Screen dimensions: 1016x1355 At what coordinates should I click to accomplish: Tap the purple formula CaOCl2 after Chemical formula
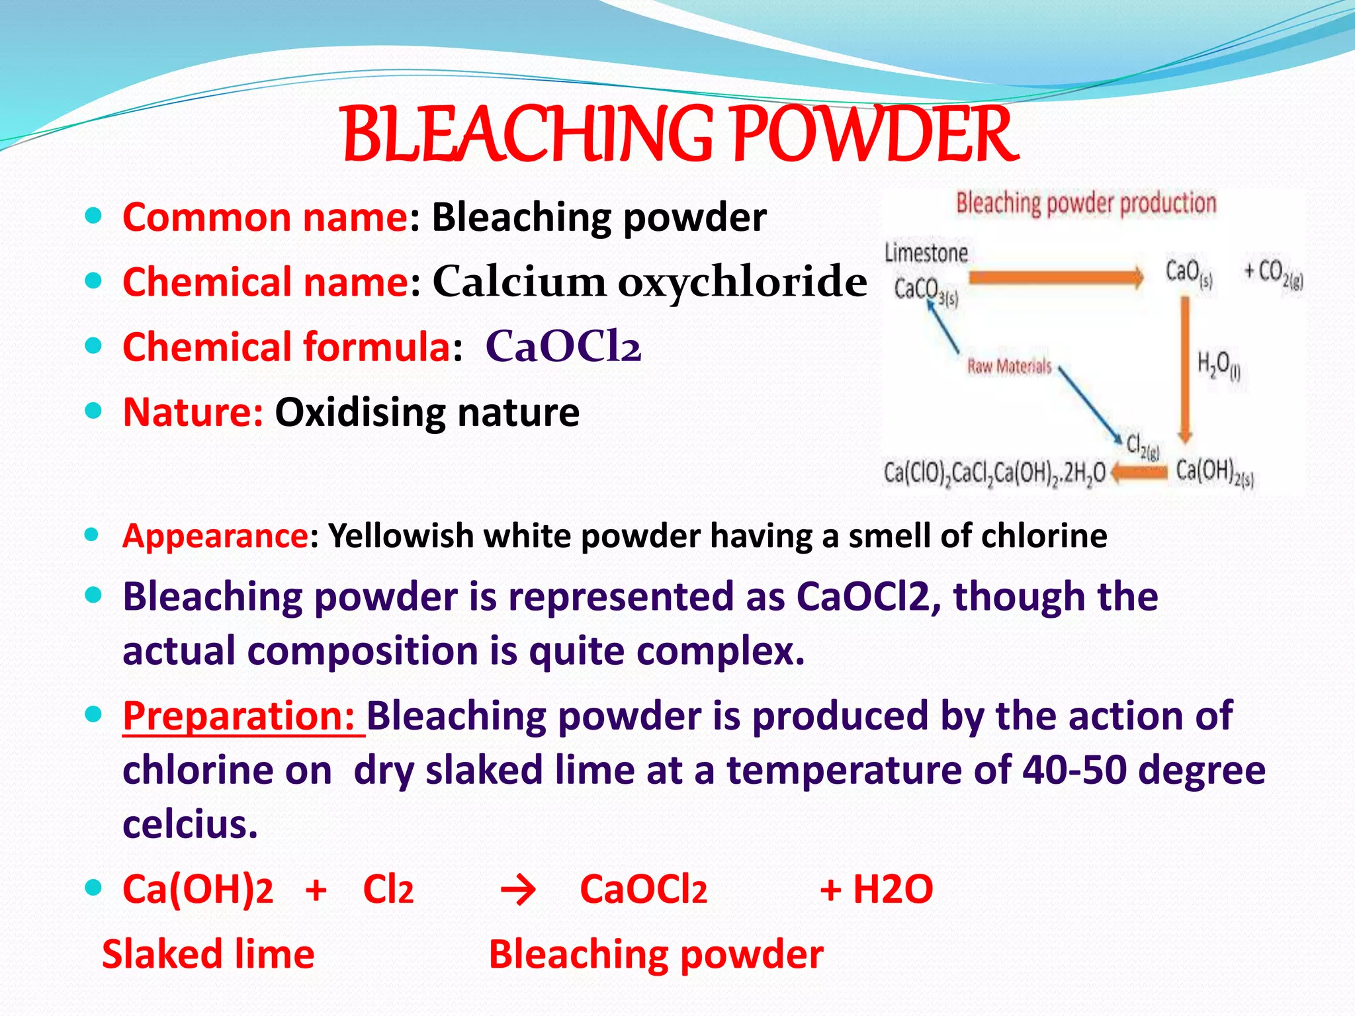point(563,346)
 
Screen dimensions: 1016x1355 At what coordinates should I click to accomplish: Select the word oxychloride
point(742,281)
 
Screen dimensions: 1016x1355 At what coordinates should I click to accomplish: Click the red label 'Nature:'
point(193,412)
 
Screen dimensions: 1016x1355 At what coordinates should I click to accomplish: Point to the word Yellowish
point(400,536)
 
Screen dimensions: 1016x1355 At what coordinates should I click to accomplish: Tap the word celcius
point(190,824)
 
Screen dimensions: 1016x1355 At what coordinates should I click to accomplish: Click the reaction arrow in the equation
point(518,890)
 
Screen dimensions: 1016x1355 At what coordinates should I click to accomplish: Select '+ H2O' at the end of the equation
point(876,889)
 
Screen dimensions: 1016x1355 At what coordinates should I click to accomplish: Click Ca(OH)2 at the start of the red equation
point(197,889)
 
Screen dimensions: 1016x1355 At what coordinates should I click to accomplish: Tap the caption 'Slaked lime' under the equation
point(208,954)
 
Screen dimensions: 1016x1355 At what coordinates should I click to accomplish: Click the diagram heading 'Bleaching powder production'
point(1086,203)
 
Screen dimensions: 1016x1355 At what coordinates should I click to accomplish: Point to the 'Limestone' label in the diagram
point(926,253)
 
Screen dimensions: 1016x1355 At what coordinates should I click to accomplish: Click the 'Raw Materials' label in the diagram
point(1009,366)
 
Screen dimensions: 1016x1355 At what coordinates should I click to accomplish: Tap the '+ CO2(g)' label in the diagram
point(1273,273)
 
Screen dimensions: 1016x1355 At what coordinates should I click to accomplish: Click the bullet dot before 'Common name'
point(94,216)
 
